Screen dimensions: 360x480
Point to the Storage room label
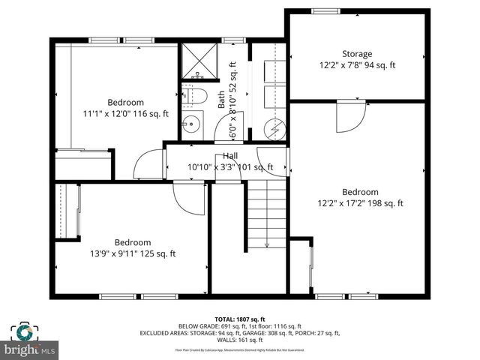pos(357,54)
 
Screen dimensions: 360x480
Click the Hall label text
pos(230,156)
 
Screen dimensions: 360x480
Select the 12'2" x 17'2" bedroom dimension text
pos(360,203)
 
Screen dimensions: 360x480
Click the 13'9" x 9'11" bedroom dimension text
pos(132,253)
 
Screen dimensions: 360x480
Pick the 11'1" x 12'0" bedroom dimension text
pos(125,114)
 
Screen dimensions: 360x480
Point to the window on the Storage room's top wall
pos(325,10)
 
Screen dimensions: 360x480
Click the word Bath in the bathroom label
pos(221,100)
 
